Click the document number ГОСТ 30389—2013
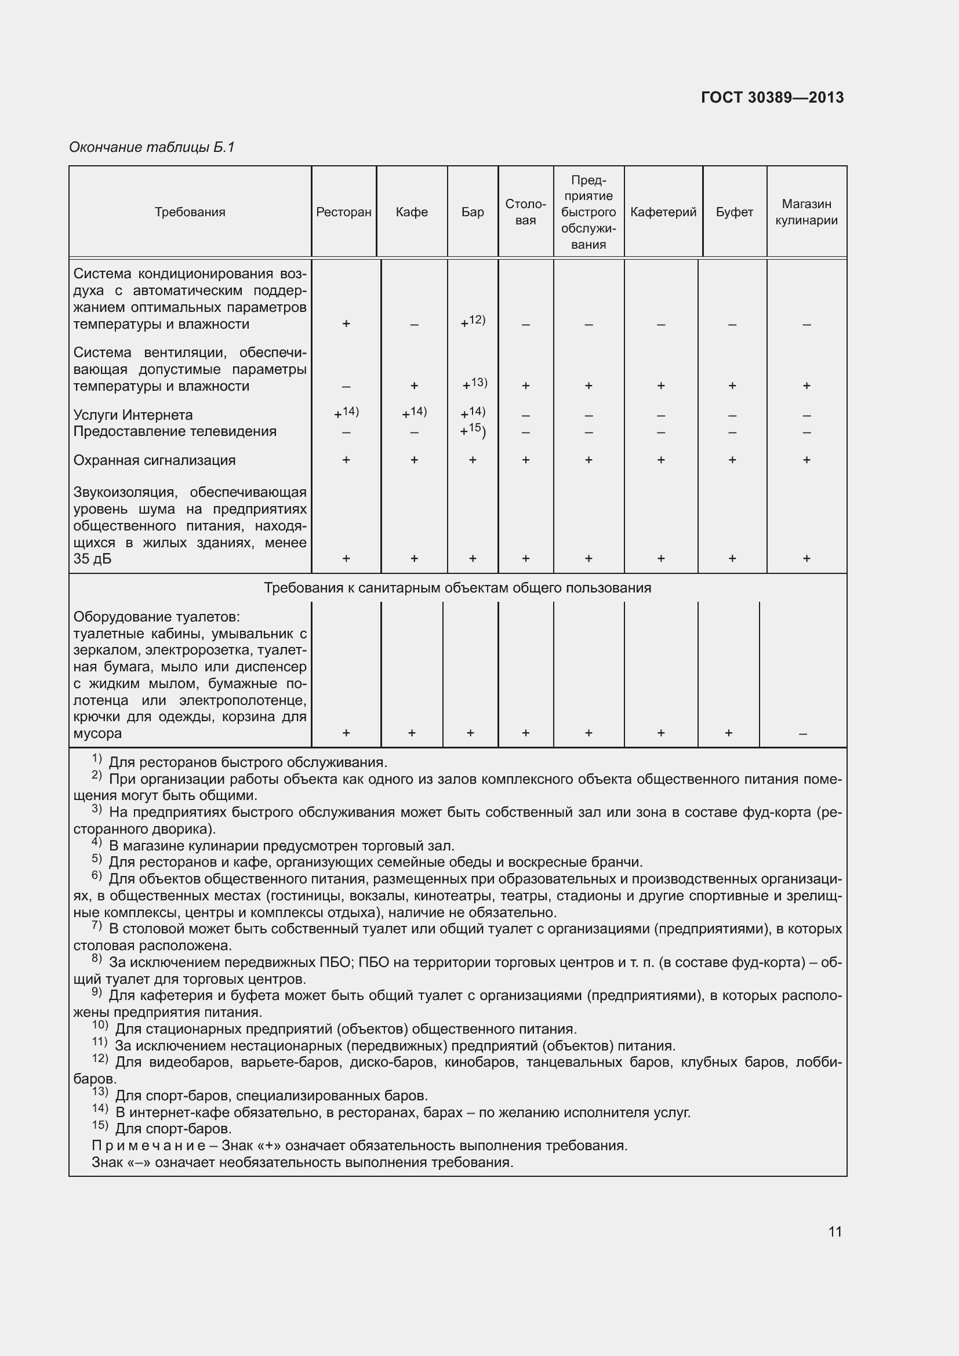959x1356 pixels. coord(772,97)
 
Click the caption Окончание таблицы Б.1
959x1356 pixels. coord(152,147)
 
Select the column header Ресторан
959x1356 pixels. coord(344,212)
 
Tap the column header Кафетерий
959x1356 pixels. coord(663,212)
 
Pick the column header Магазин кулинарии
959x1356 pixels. coord(806,212)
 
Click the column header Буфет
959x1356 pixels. coord(734,212)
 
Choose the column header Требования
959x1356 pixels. coord(190,212)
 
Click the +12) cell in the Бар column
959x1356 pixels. coord(473,321)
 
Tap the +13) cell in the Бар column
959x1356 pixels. coord(474,384)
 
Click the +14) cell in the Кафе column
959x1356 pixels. coord(414,412)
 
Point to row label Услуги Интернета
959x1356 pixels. coord(133,415)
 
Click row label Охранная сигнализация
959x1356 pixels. coord(154,460)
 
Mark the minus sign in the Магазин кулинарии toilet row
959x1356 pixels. coord(802,734)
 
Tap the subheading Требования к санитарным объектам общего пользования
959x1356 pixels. coord(457,588)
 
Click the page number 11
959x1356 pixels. coord(834,1231)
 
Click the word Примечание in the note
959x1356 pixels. coord(148,1146)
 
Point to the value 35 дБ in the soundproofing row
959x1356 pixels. coord(92,559)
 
